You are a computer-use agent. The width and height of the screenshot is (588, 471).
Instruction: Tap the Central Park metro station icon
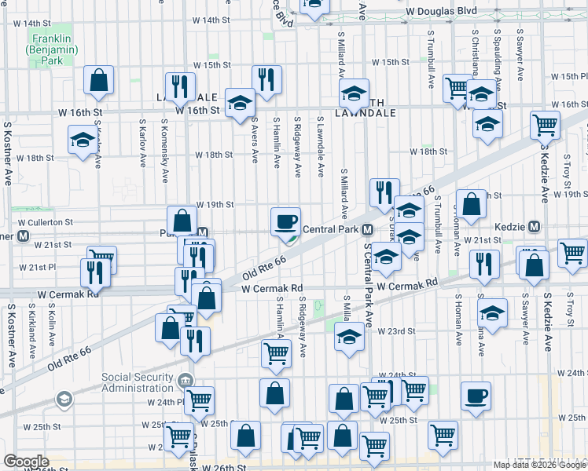click(x=367, y=230)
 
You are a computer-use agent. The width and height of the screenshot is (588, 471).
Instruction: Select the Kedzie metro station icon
click(x=535, y=227)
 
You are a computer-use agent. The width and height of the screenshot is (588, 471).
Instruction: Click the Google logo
click(x=26, y=461)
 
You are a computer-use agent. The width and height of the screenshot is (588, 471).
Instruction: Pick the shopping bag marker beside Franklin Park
click(x=99, y=80)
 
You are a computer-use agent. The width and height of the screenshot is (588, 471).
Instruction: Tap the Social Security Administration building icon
click(x=186, y=382)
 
